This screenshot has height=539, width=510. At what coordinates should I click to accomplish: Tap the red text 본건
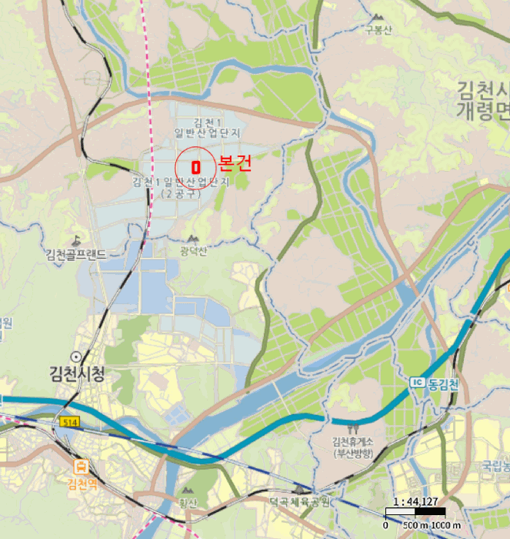pyautogui.click(x=235, y=163)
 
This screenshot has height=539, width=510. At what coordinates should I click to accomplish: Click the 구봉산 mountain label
pyautogui.click(x=378, y=30)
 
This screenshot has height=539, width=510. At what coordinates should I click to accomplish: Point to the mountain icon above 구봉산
pyautogui.click(x=377, y=17)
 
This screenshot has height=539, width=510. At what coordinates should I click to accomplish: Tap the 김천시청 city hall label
pyautogui.click(x=76, y=375)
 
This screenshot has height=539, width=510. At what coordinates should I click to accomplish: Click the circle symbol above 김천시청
pyautogui.click(x=75, y=357)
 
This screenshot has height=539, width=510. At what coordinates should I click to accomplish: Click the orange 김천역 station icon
pyautogui.click(x=82, y=466)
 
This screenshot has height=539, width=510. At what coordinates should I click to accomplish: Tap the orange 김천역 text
pyautogui.click(x=82, y=484)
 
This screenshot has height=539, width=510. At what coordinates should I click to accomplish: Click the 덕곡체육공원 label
pyautogui.click(x=299, y=502)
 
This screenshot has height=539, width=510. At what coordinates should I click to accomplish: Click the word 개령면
pyautogui.click(x=483, y=110)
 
